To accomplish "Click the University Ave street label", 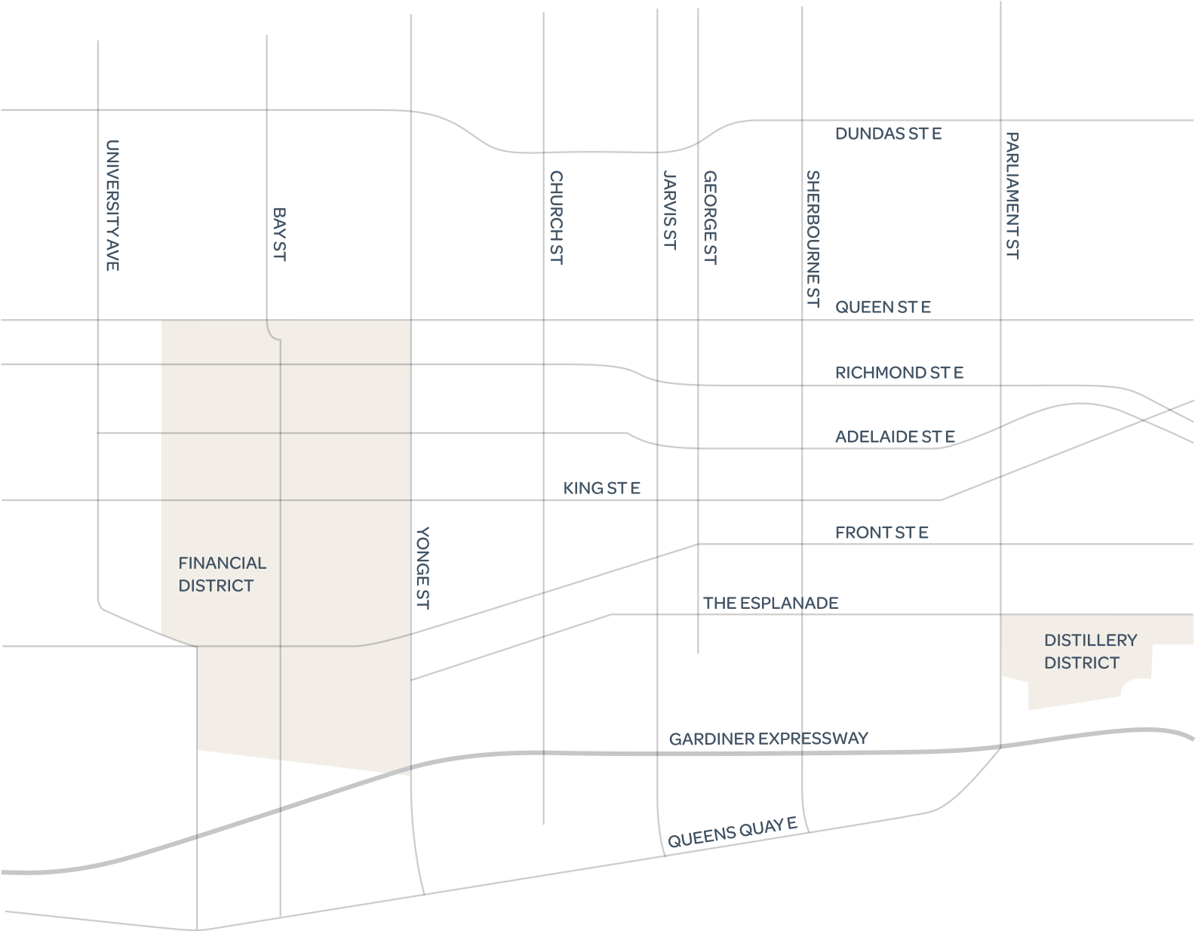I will (112, 205).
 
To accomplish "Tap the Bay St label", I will (279, 235).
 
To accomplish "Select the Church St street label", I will (556, 217).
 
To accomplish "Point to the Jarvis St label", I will (669, 210).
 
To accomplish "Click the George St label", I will (710, 218).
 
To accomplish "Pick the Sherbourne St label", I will (813, 239).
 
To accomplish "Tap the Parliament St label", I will (1012, 196).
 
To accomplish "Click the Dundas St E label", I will (888, 134).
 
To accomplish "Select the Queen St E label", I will (883, 307).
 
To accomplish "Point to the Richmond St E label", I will (899, 373).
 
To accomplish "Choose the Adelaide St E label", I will (895, 437).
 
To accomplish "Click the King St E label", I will (601, 488).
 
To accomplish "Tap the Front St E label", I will (881, 533).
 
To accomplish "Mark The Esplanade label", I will (770, 603).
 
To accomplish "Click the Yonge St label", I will (422, 568).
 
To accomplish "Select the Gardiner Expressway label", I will (768, 739).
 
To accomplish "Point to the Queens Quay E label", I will (732, 833).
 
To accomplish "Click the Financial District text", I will (222, 574).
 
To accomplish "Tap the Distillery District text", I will (1090, 651).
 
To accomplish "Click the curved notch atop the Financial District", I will (272, 330).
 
